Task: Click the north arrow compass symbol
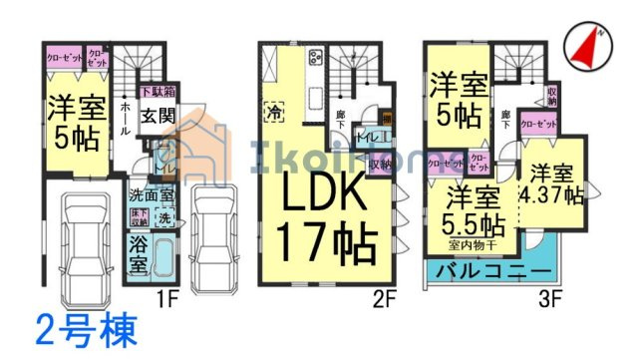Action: point(587,45)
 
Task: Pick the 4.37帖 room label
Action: point(550,184)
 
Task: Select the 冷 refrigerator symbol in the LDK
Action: point(273,113)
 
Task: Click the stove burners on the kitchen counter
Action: point(315,57)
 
